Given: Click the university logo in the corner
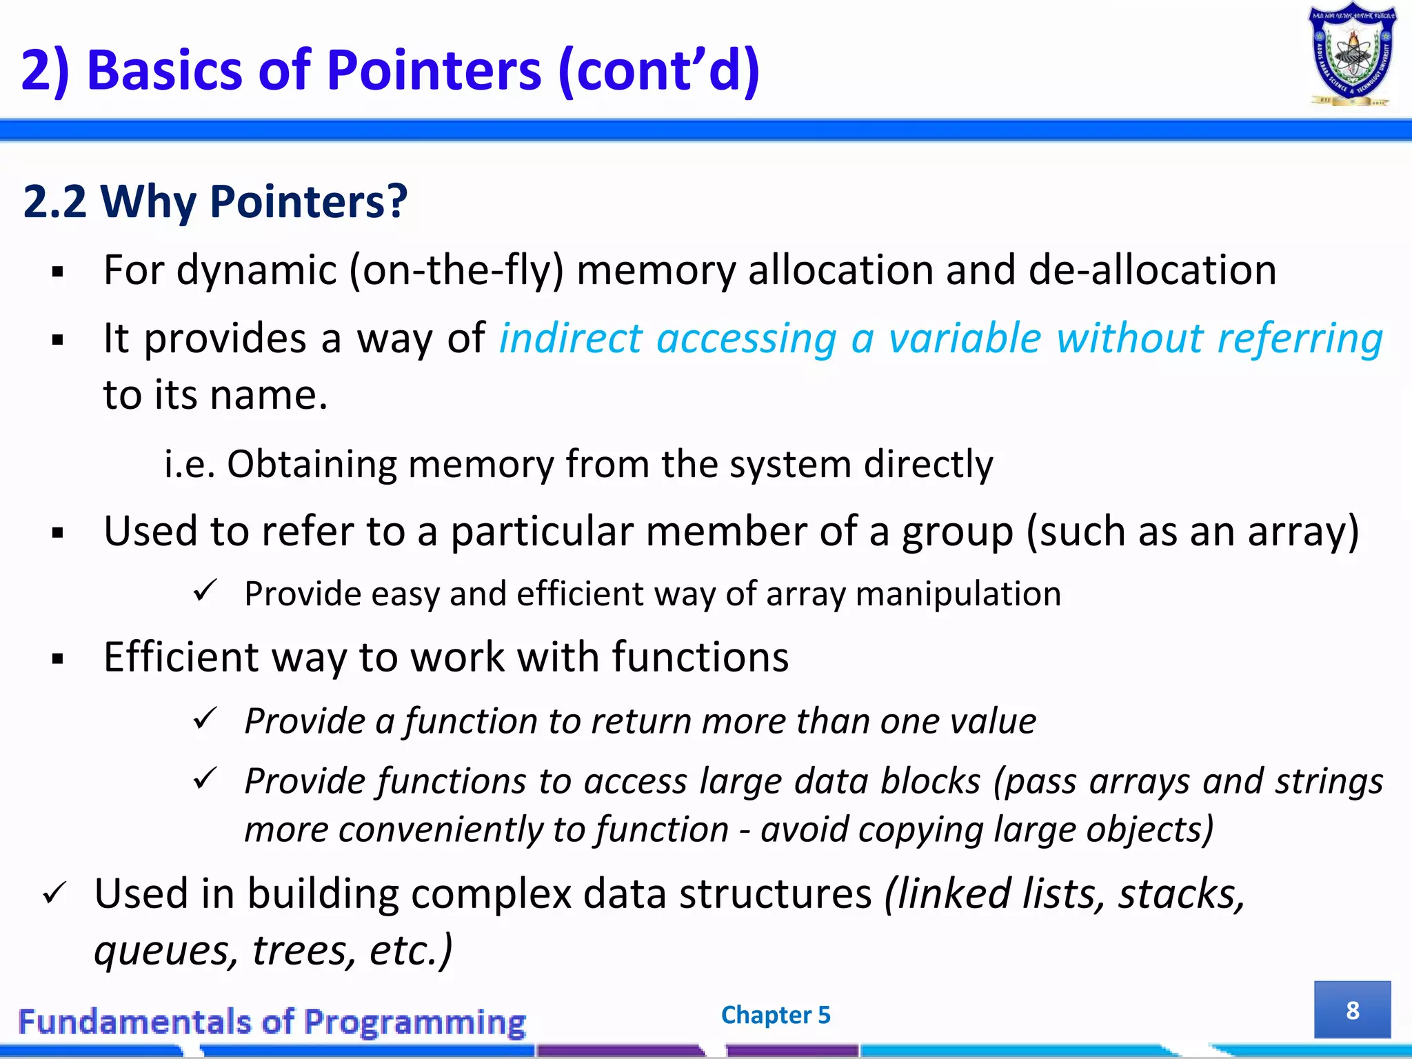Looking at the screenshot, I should (1352, 55).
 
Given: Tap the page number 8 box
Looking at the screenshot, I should (1352, 1009).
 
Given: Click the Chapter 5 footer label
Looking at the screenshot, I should (775, 1015).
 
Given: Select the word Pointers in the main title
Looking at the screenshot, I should (434, 70).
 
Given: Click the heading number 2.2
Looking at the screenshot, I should (54, 202).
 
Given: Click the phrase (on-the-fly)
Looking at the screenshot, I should (456, 270).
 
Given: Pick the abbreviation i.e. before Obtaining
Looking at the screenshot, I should (190, 464).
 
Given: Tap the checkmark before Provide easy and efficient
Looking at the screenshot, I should (205, 592).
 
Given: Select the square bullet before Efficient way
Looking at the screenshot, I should (58, 659).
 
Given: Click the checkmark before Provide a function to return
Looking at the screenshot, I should (205, 719).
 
